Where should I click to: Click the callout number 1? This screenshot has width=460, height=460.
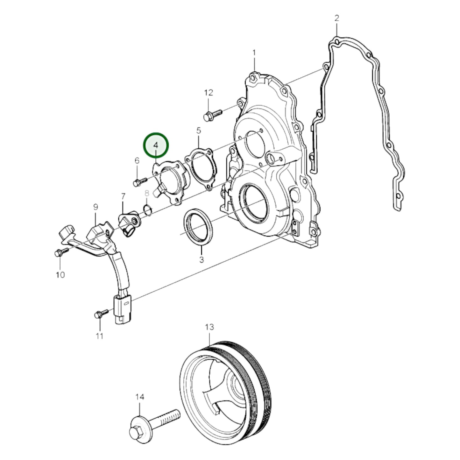coord(254,53)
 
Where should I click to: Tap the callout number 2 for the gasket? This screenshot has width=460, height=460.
coord(337,18)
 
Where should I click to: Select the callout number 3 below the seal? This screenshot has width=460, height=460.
coord(202,260)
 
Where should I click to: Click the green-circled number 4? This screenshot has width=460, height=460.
coord(156,145)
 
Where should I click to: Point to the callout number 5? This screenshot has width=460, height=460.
coord(199,130)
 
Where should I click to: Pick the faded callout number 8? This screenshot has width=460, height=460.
coord(146,193)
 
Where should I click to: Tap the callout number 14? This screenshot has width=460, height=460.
coord(140,397)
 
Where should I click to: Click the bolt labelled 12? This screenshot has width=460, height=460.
coord(213,114)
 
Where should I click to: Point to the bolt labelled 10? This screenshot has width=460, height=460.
coord(60,252)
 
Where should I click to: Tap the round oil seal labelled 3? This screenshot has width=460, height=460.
coord(197,227)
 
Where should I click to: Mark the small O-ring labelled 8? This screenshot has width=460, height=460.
coord(147,210)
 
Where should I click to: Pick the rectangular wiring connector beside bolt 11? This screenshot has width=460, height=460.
coord(121,309)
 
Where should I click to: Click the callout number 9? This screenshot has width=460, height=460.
coord(96,207)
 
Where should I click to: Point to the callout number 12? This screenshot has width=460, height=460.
coord(208,93)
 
